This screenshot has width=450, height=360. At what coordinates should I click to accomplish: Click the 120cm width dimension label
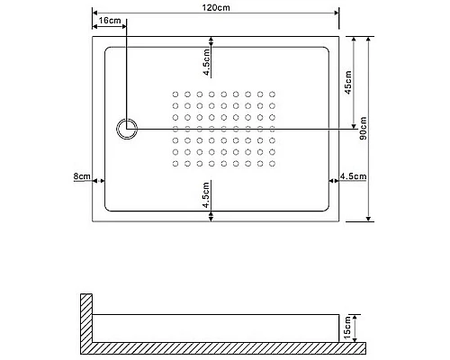pos(217,7)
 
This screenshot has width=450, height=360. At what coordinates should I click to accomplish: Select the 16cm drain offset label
pos(109,19)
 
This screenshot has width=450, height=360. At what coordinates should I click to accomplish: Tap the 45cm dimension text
pos(348,83)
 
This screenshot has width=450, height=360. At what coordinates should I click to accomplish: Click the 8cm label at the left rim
pos(82,176)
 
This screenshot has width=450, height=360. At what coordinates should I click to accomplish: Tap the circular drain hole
pos(127,129)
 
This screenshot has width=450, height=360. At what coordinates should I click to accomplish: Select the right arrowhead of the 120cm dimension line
pos(335,13)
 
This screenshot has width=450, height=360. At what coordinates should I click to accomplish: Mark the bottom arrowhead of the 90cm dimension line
pos(370,218)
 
